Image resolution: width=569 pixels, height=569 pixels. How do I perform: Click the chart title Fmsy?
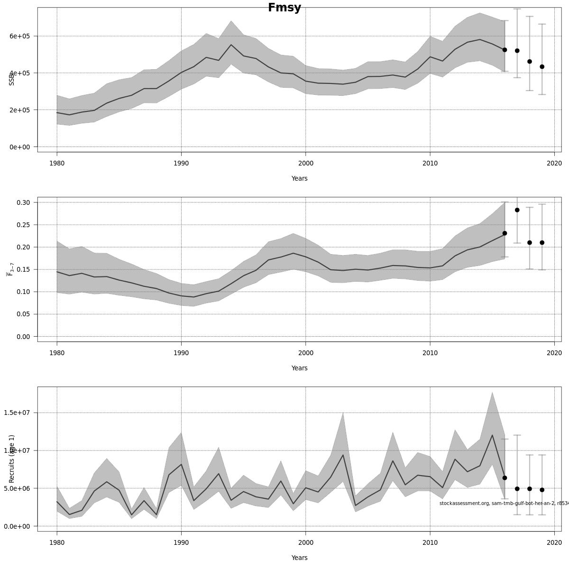coord(284,8)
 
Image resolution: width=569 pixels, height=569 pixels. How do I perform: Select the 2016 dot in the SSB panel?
coord(505,50)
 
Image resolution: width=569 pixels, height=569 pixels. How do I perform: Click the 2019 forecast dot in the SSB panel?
coord(542,67)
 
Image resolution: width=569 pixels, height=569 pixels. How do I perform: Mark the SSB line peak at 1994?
coord(231,45)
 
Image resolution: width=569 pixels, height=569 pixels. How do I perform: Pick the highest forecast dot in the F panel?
coord(517,210)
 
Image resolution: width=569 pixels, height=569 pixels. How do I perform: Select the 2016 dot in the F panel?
coord(505,233)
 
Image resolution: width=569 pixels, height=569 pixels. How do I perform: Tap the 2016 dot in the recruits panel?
coord(505,478)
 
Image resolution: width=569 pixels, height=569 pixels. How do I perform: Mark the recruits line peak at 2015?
coord(492,435)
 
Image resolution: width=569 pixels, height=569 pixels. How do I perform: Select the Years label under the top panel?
coord(299,179)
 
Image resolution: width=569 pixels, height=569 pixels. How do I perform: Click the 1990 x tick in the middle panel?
coord(181,353)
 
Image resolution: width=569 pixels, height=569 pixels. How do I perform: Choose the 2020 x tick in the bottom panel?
coord(554,542)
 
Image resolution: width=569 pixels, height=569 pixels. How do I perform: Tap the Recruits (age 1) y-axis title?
coord(12,452)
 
